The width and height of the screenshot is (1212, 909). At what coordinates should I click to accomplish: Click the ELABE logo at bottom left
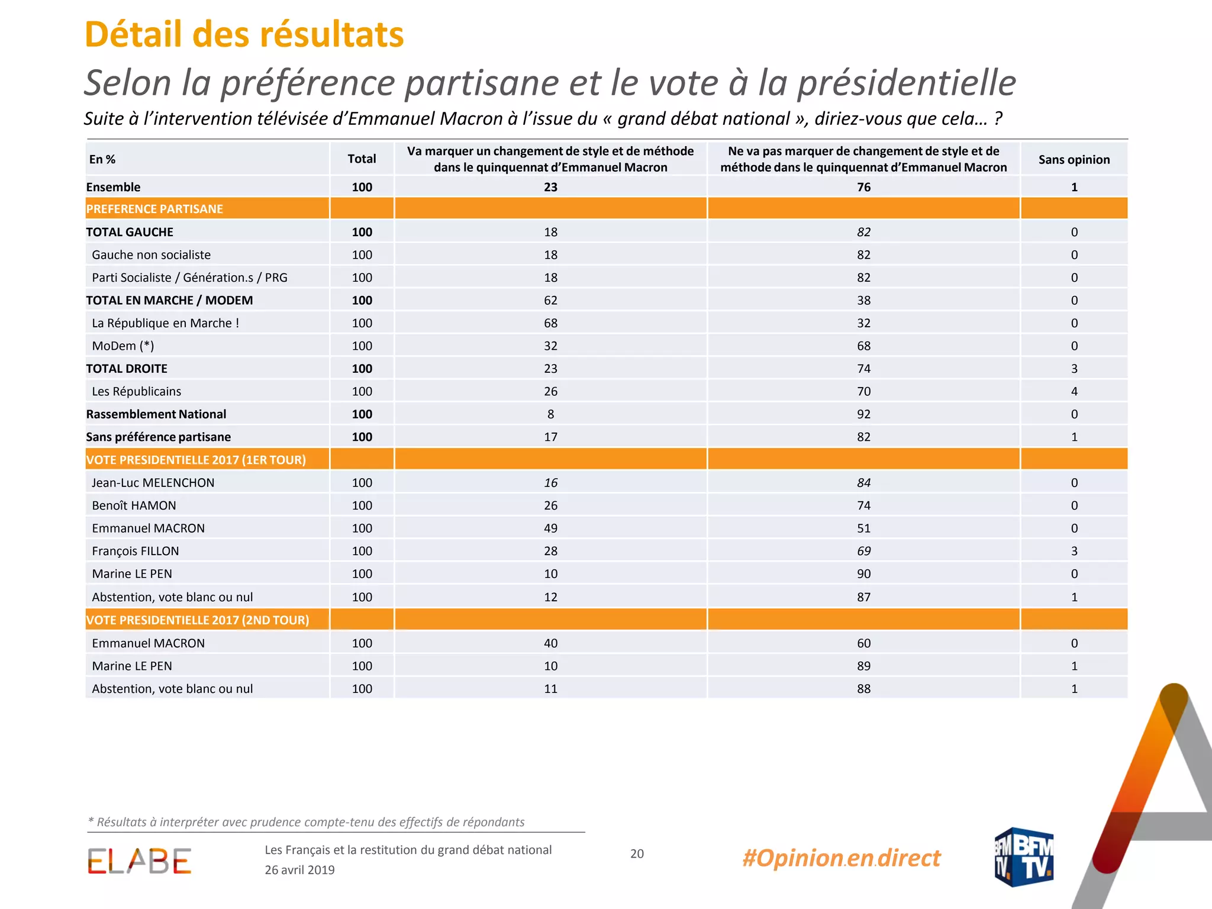[x=140, y=861]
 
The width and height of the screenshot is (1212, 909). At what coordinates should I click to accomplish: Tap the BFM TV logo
[x=1024, y=857]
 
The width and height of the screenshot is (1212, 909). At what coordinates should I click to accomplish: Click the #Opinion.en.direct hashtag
[x=842, y=858]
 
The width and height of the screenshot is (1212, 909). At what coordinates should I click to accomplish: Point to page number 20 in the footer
[x=637, y=853]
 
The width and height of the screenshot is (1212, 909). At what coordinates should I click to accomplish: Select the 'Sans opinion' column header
[x=1074, y=159]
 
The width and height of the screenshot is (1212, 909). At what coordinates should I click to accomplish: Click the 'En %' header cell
[x=102, y=159]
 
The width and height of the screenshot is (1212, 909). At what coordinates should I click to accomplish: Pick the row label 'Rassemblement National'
[x=156, y=414]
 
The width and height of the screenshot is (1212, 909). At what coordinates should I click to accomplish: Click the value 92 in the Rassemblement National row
[x=864, y=414]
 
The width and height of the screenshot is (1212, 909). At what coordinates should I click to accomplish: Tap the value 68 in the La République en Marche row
[x=550, y=323]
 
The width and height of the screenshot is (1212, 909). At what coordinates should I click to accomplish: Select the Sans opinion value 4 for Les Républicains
[x=1074, y=391]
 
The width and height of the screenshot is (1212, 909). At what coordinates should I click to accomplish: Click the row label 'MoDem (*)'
[x=123, y=346]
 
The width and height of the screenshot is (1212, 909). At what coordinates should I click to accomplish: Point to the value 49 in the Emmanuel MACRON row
[x=550, y=528]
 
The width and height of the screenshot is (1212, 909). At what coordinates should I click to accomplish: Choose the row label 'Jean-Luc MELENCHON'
[x=153, y=483]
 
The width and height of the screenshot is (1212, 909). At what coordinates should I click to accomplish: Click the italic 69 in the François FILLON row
[x=864, y=551]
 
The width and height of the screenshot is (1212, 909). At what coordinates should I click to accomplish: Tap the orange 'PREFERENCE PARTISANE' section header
[x=154, y=209]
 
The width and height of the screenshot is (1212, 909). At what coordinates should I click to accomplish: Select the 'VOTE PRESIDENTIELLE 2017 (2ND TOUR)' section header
[x=198, y=620]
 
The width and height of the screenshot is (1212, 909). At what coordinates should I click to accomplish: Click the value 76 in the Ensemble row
[x=864, y=187]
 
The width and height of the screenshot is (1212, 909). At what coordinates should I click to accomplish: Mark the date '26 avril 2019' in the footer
[x=299, y=870]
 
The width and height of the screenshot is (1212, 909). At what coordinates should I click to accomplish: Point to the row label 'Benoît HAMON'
[x=134, y=505]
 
